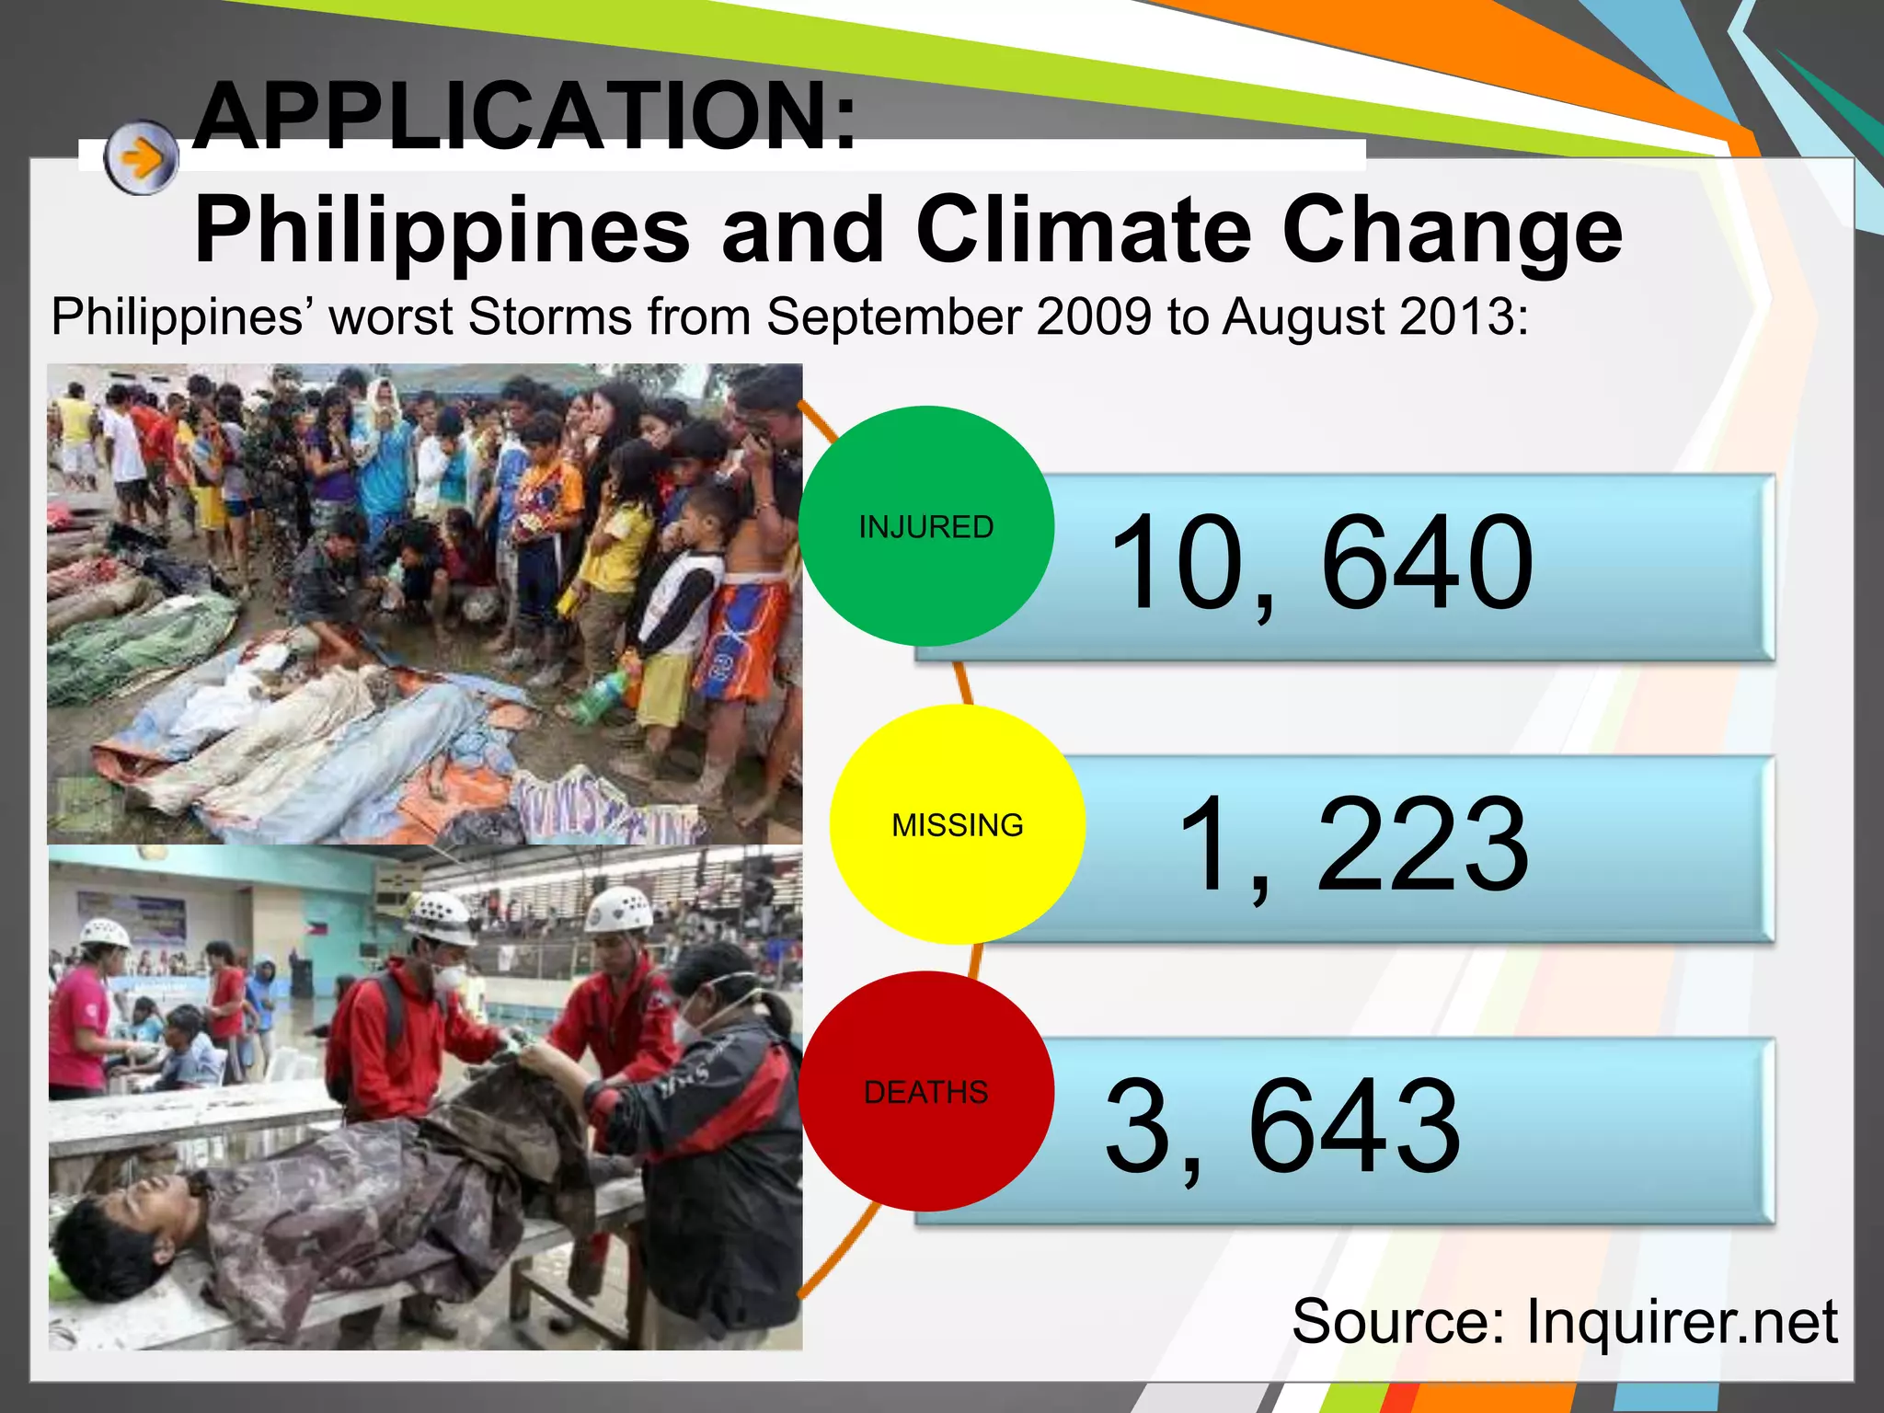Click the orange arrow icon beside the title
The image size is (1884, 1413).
(141, 158)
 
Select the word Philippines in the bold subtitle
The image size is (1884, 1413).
(442, 230)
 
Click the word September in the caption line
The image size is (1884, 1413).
(893, 317)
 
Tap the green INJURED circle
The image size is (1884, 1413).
(926, 526)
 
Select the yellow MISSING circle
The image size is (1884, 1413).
(958, 824)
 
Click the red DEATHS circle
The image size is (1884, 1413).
(926, 1091)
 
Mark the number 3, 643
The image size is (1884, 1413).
(1282, 1127)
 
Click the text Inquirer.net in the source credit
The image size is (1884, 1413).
(1682, 1321)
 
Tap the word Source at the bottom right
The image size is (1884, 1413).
(1397, 1321)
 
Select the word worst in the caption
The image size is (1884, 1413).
(391, 317)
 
